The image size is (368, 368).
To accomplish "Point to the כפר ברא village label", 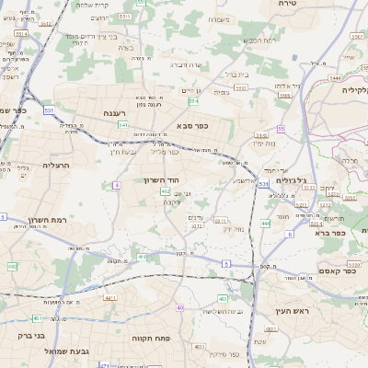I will click(328, 233).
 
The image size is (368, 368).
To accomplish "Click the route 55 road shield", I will click(281, 130).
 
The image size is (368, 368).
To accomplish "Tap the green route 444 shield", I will click(265, 224).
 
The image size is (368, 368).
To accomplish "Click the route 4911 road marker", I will click(110, 298).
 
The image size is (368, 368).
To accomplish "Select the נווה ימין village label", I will click(264, 144).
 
